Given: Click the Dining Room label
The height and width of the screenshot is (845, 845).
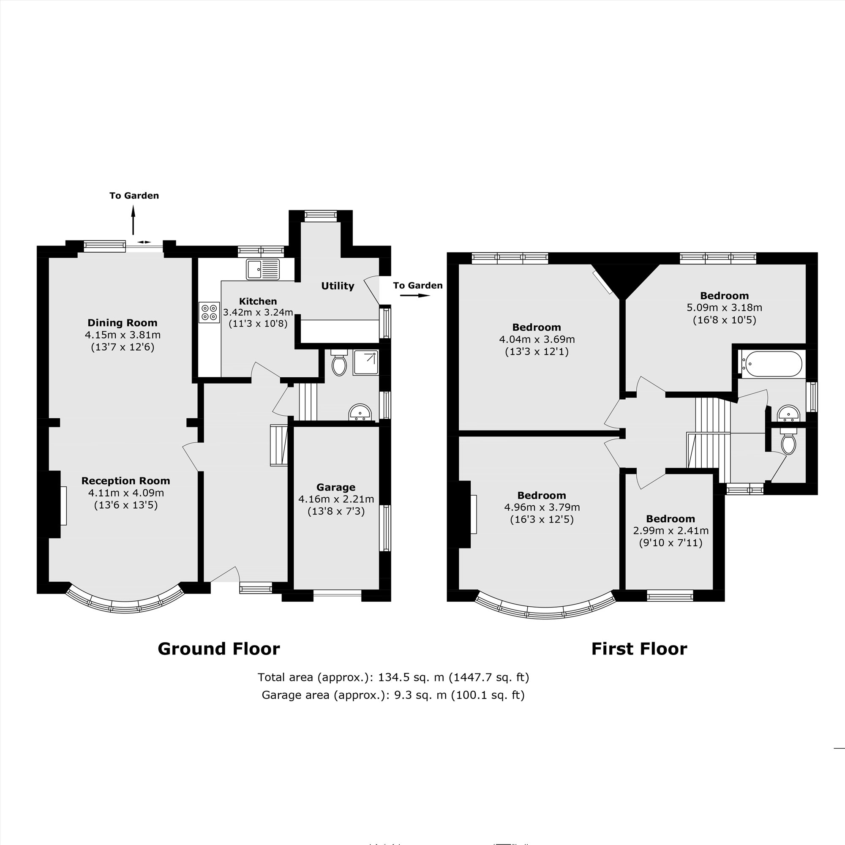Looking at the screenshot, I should [x=123, y=323].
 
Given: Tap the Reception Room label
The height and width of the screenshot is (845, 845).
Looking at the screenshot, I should [x=125, y=481].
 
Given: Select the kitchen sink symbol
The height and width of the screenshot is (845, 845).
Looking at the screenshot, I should [x=262, y=269].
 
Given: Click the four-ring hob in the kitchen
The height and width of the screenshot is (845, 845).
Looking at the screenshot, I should [x=209, y=312].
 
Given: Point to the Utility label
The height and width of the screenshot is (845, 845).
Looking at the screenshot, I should [x=337, y=286].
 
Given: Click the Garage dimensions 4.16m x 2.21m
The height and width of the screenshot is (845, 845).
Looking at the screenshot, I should [x=336, y=499].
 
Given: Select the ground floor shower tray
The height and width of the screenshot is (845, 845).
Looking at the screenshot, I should [x=365, y=363].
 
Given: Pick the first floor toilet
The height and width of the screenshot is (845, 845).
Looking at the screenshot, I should [x=788, y=443].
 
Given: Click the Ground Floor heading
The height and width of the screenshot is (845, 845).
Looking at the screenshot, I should [x=219, y=649].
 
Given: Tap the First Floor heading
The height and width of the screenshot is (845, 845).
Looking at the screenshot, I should [x=639, y=649].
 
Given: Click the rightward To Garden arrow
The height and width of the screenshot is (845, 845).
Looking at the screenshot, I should [x=415, y=296].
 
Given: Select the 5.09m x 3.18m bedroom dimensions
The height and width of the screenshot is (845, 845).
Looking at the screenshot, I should [x=724, y=308].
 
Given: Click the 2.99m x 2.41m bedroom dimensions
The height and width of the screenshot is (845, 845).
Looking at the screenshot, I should [x=671, y=531].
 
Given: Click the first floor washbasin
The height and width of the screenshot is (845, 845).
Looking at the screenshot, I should [x=788, y=414].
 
